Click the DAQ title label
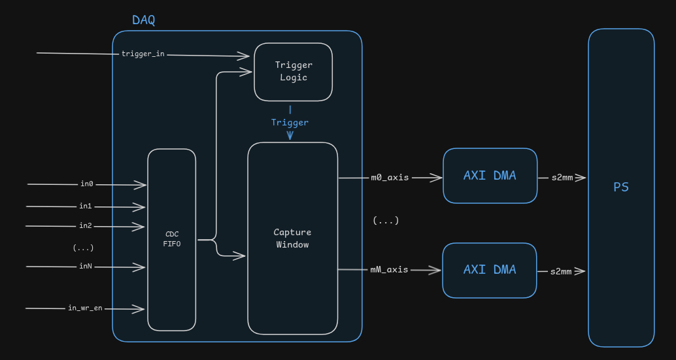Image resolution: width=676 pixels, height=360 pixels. pyautogui.click(x=143, y=20)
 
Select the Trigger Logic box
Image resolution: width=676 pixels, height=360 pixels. pyautogui.click(x=293, y=72)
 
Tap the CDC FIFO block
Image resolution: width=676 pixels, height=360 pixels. pyautogui.click(x=171, y=239)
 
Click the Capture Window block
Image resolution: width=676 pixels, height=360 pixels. pyautogui.click(x=292, y=238)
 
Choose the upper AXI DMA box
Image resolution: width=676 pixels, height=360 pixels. pyautogui.click(x=490, y=176)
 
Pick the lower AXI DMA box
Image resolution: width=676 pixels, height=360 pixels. pyautogui.click(x=490, y=270)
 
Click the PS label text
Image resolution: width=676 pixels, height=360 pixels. pyautogui.click(x=620, y=188)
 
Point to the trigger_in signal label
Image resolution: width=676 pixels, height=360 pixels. pyautogui.click(x=143, y=54)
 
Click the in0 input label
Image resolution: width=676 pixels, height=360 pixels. pyautogui.click(x=86, y=184)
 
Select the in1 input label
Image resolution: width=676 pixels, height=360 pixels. pyautogui.click(x=86, y=206)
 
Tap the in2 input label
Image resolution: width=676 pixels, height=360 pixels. pyautogui.click(x=86, y=226)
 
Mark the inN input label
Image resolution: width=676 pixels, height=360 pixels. pyautogui.click(x=86, y=266)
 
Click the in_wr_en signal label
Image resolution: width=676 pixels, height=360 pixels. pyautogui.click(x=85, y=308)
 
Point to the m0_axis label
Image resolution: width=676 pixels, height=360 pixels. pyautogui.click(x=390, y=177)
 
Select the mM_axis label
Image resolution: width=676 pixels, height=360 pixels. pyautogui.click(x=389, y=269)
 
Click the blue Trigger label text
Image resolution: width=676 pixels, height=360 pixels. pyautogui.click(x=290, y=122)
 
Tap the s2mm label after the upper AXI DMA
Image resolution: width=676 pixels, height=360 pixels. pyautogui.click(x=561, y=177)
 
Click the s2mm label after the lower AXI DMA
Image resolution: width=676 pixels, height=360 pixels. pyautogui.click(x=561, y=271)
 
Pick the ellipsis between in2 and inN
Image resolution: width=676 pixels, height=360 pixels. pyautogui.click(x=83, y=248)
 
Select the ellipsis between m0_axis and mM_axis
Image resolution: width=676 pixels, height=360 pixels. pyautogui.click(x=386, y=221)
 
